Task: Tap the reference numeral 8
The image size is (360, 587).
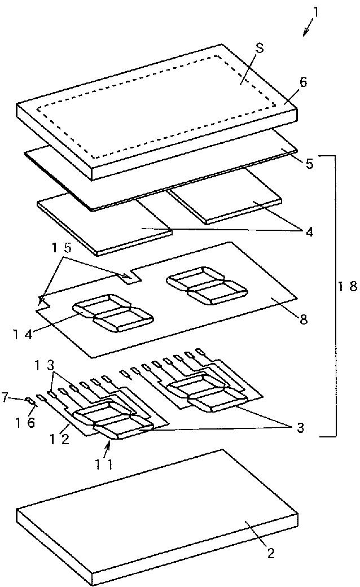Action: click(304, 319)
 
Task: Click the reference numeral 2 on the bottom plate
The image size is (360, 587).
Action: click(271, 553)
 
